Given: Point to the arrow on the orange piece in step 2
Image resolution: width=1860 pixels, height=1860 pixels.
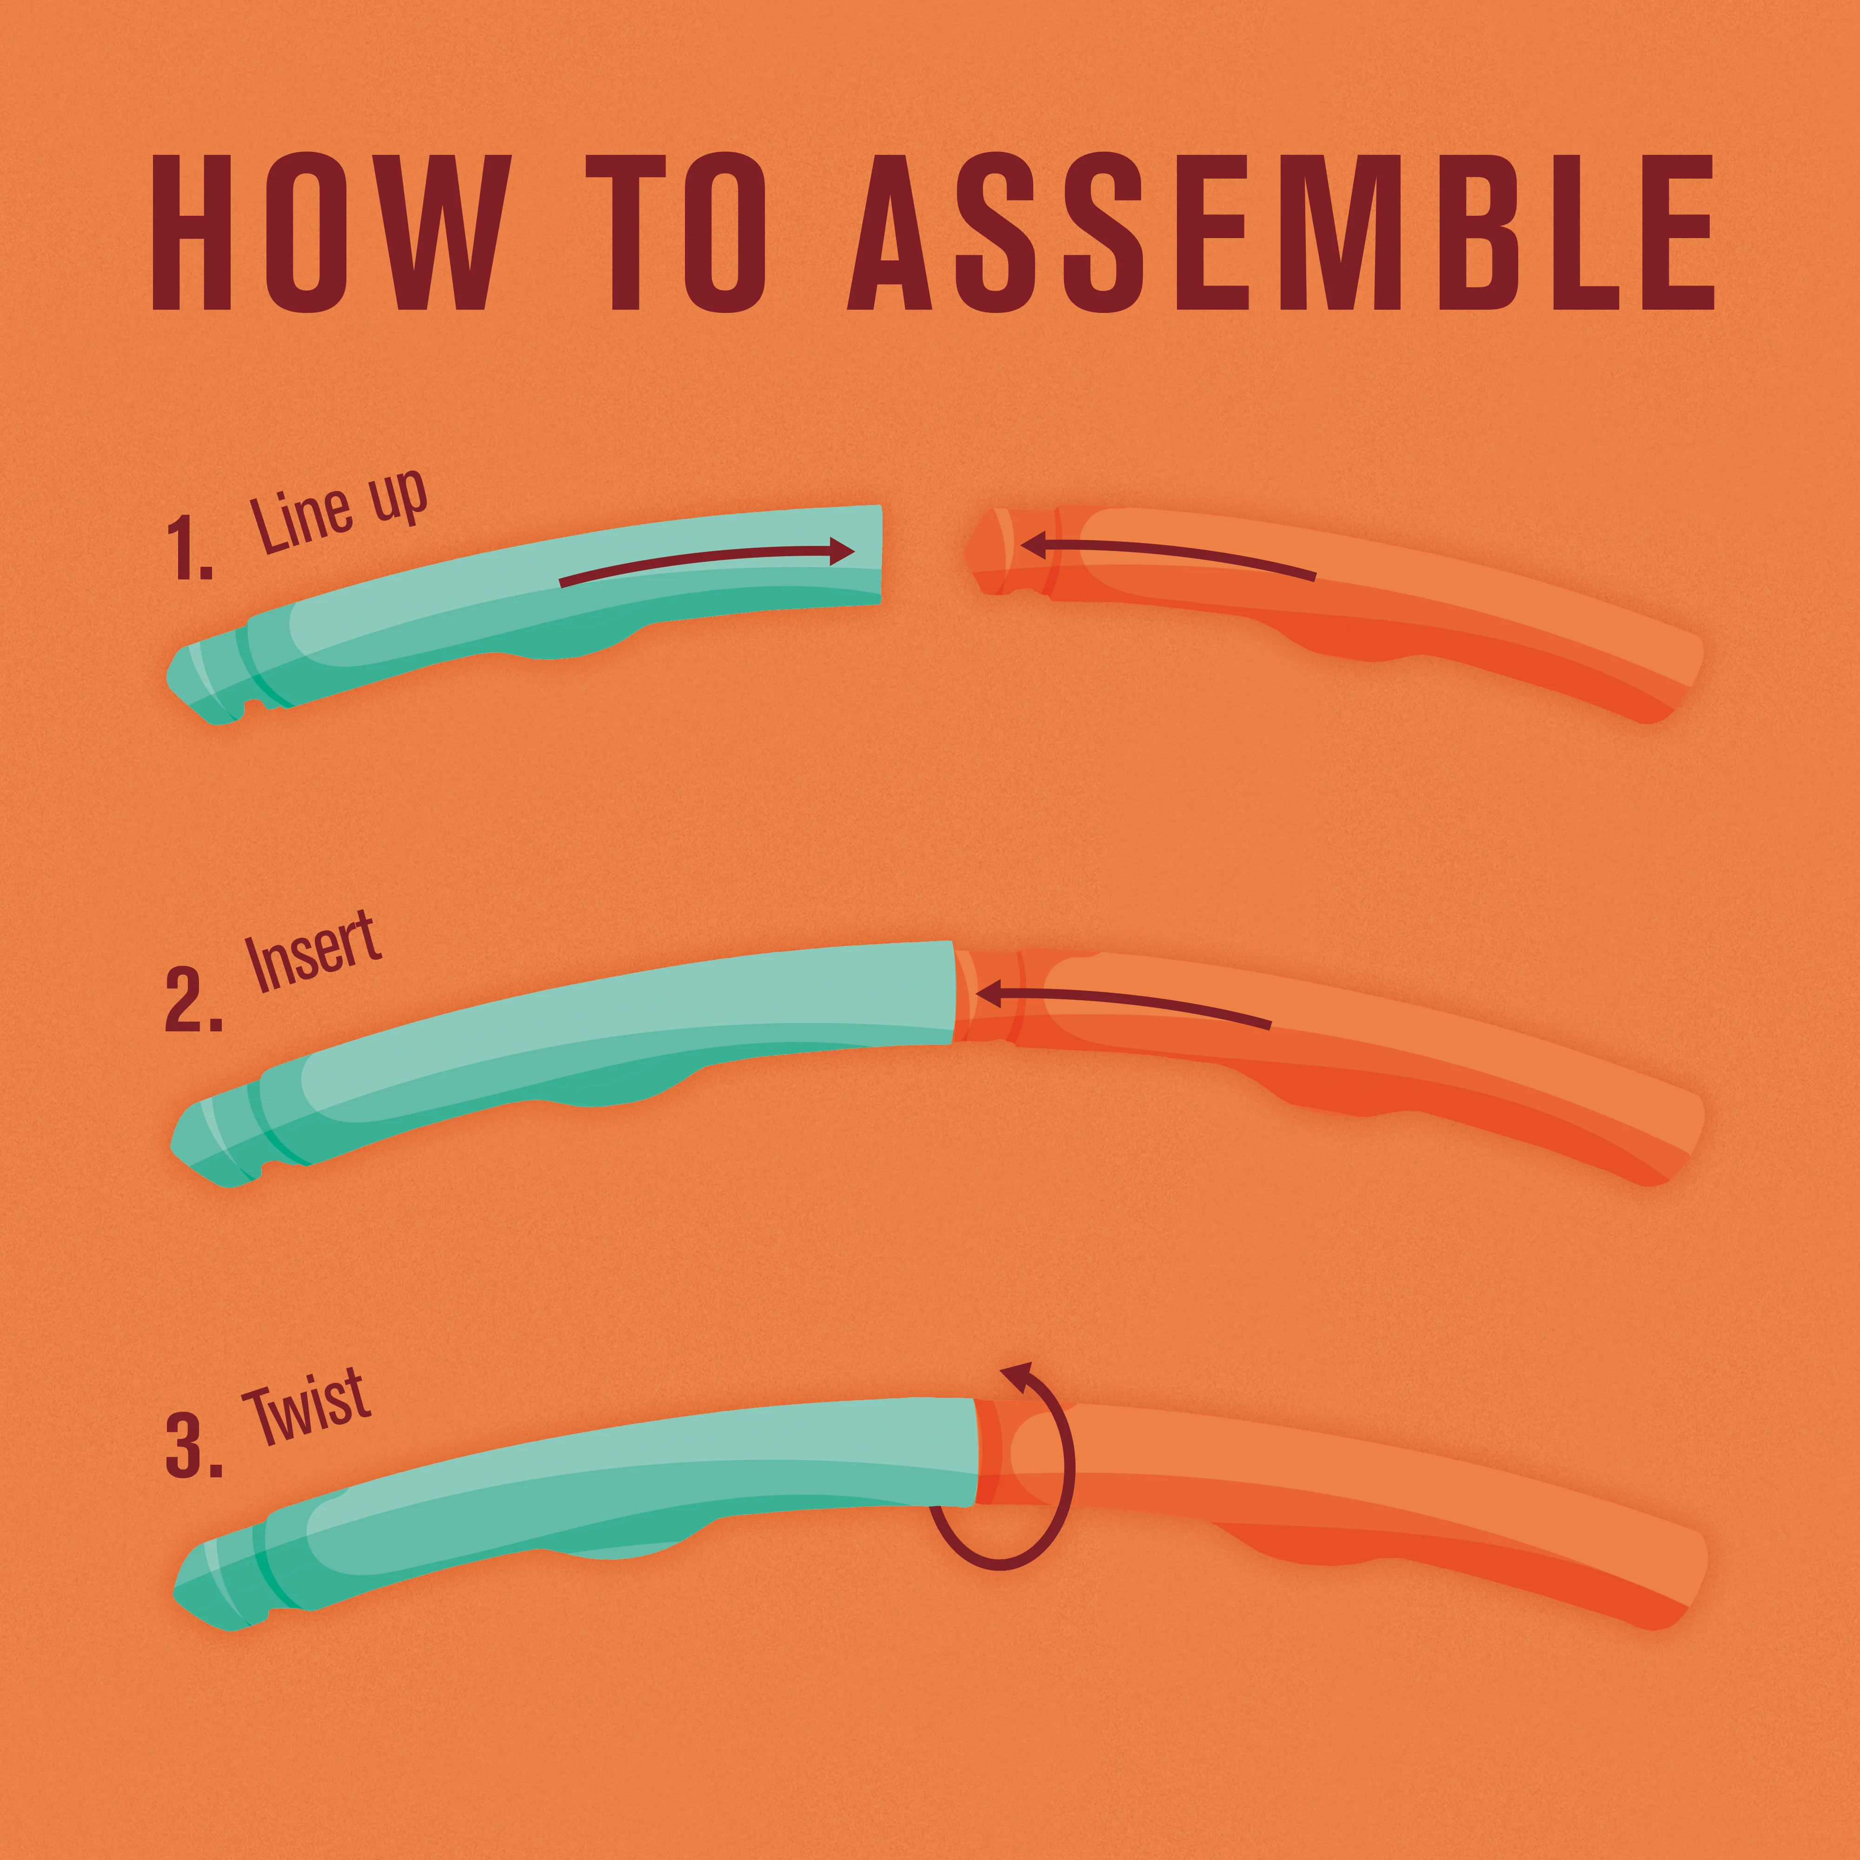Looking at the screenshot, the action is click(x=1122, y=1002).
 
